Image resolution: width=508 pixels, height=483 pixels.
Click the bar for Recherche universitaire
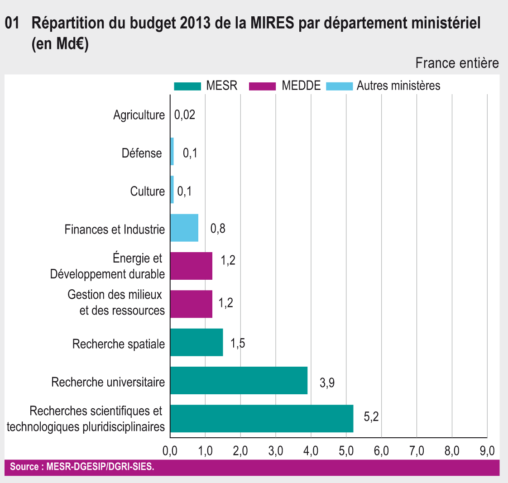(x=239, y=380)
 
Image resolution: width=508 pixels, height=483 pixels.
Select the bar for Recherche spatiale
(x=196, y=342)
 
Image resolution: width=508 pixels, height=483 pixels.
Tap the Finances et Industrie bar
(x=184, y=228)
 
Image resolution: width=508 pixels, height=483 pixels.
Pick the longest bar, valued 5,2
(x=262, y=419)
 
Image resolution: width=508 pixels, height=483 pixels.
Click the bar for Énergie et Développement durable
(x=191, y=266)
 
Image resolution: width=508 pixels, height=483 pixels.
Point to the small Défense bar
(x=172, y=151)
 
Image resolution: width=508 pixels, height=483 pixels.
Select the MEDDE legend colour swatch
(x=263, y=86)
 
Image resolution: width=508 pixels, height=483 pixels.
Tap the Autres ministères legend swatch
(x=339, y=86)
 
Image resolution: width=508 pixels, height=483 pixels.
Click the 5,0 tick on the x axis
(x=346, y=451)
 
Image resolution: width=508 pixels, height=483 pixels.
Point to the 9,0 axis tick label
(x=487, y=451)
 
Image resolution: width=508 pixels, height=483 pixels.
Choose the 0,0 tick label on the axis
(x=170, y=451)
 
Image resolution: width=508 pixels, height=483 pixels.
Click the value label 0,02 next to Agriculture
(x=185, y=115)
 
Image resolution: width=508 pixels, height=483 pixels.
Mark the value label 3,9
(x=327, y=383)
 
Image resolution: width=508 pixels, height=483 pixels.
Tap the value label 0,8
(x=218, y=229)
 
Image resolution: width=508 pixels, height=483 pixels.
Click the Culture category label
(x=148, y=191)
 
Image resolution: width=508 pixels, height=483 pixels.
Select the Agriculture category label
(x=139, y=115)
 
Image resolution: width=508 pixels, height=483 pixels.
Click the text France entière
(x=457, y=63)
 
